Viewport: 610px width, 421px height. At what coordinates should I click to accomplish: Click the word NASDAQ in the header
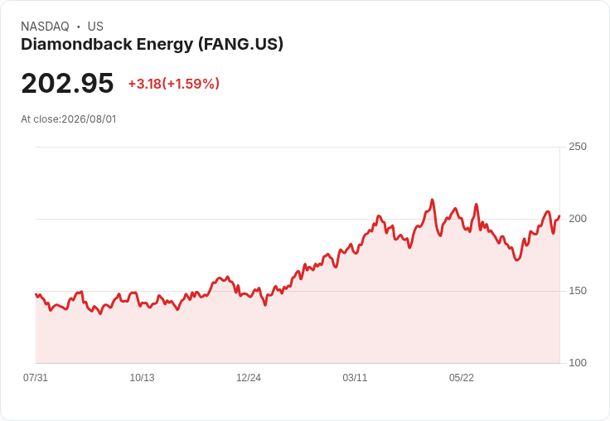click(x=45, y=27)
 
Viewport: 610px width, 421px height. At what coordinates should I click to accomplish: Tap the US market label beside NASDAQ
click(x=95, y=27)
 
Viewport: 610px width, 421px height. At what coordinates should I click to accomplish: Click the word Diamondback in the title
click(x=76, y=44)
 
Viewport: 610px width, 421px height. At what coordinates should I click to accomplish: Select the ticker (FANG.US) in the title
click(x=241, y=45)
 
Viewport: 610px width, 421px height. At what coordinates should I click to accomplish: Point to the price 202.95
click(x=67, y=83)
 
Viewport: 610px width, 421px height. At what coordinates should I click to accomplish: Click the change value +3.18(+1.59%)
click(x=174, y=84)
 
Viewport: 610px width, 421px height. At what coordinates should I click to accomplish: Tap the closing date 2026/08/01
click(x=89, y=119)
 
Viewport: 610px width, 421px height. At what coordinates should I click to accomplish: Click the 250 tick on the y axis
click(x=578, y=147)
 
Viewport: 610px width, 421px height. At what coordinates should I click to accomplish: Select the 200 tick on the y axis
click(x=578, y=219)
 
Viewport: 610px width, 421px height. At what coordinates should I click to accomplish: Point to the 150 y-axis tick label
click(x=578, y=291)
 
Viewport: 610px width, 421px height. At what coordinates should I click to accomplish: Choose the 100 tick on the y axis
click(x=578, y=363)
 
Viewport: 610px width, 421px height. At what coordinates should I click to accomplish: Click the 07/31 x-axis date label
click(x=36, y=378)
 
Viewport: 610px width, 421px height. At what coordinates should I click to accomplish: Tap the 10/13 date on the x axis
click(x=142, y=378)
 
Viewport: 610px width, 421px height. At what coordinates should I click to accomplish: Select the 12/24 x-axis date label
click(x=249, y=378)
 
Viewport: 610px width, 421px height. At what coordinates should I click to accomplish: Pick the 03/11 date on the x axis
click(x=355, y=378)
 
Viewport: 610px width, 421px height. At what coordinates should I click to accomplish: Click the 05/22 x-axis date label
click(x=462, y=378)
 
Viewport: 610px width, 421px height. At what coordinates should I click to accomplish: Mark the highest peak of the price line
click(x=432, y=200)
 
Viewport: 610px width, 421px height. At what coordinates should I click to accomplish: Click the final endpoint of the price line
click(x=559, y=216)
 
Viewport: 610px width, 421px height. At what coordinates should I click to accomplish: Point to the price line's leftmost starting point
click(x=36, y=294)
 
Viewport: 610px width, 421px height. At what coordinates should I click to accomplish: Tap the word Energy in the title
click(x=165, y=45)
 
